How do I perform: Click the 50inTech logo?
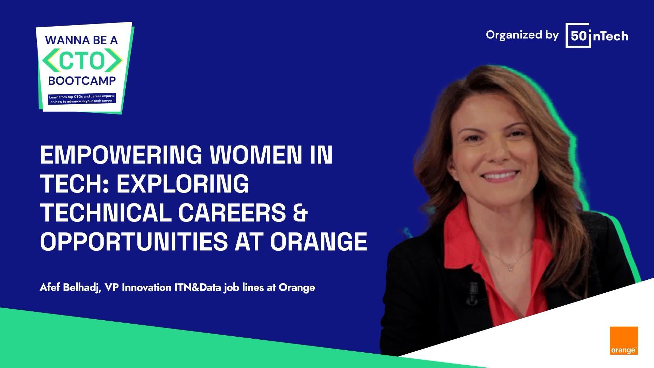pos(597,35)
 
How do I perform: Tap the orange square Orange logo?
pos(624,341)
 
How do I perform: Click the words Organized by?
pos(522,35)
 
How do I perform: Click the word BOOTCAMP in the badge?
pos(82,81)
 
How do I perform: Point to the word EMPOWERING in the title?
pos(121,155)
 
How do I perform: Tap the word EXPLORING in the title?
pos(183,184)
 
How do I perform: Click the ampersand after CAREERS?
pos(300,213)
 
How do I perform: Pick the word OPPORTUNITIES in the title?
pos(134,241)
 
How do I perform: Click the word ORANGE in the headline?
pos(319,241)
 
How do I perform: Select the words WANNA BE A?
pos(81,40)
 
